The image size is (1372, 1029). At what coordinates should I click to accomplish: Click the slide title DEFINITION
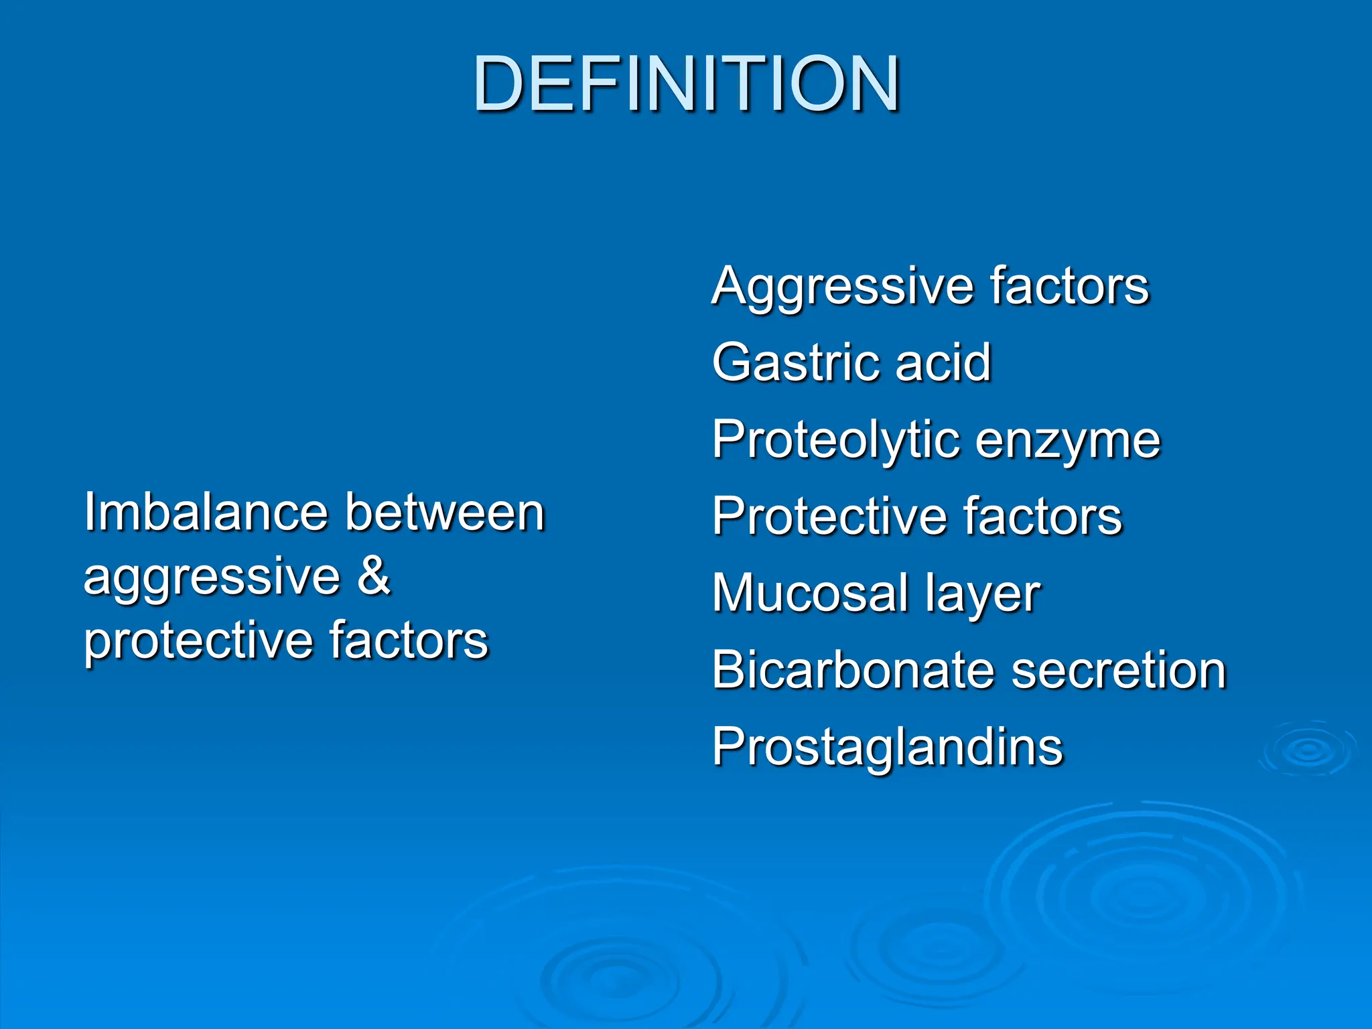coord(686,84)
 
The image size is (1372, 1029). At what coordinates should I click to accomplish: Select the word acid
coord(943,362)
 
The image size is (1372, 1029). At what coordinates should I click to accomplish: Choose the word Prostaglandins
coord(887,748)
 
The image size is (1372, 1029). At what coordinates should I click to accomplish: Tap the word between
coord(445,512)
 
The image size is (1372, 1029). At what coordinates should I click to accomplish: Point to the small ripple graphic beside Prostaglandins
coord(1308,750)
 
